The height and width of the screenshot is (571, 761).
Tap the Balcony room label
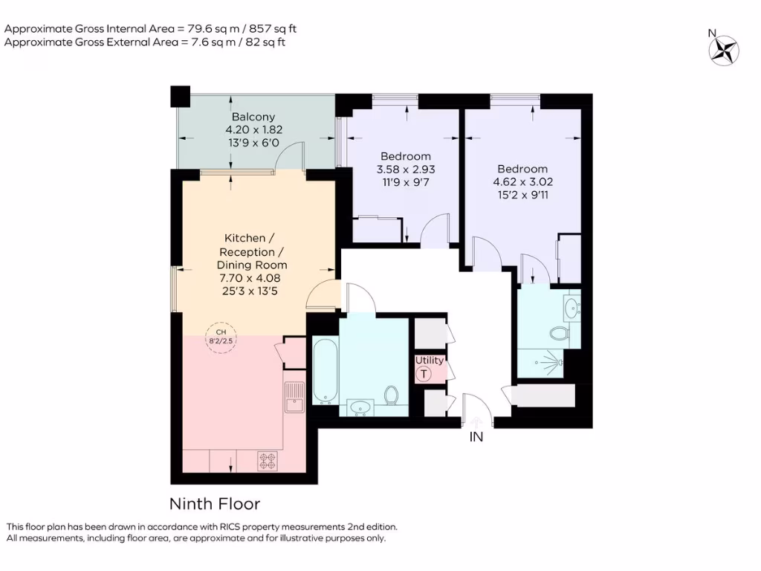[x=253, y=117]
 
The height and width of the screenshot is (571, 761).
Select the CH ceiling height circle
[x=220, y=340]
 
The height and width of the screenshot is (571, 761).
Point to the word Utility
[x=430, y=361]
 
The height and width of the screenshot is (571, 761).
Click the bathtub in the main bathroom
[x=325, y=371]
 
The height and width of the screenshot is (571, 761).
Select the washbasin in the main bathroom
[x=361, y=407]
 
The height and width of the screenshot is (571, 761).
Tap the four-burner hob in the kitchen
[x=267, y=461]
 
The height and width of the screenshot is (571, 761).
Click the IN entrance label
[x=476, y=437]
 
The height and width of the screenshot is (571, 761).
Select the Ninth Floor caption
[x=215, y=504]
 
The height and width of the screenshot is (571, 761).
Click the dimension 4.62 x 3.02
[x=522, y=181]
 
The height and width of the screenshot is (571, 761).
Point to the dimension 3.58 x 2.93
[x=405, y=169]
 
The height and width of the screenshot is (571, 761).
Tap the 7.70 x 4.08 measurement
[x=251, y=277]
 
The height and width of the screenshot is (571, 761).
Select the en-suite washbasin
[x=571, y=308]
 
